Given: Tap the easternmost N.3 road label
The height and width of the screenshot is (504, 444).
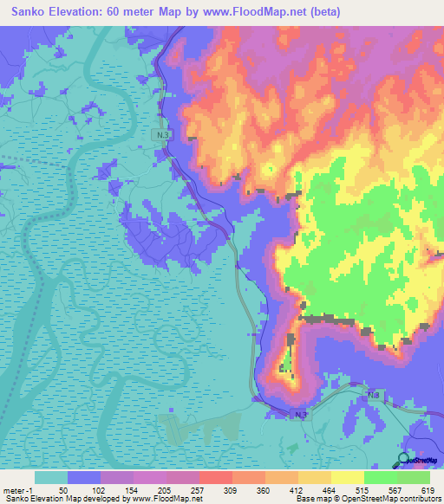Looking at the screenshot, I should tap(374, 395).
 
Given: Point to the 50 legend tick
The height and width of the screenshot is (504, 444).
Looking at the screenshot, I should tap(64, 489).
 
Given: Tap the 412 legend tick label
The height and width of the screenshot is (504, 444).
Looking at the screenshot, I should tap(296, 489).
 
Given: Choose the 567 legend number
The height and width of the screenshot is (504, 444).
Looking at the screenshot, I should tap(395, 489).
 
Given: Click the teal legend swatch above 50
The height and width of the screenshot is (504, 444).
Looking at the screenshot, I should tap(51, 477).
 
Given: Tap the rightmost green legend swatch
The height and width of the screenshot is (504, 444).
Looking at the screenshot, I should tap(414, 477).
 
